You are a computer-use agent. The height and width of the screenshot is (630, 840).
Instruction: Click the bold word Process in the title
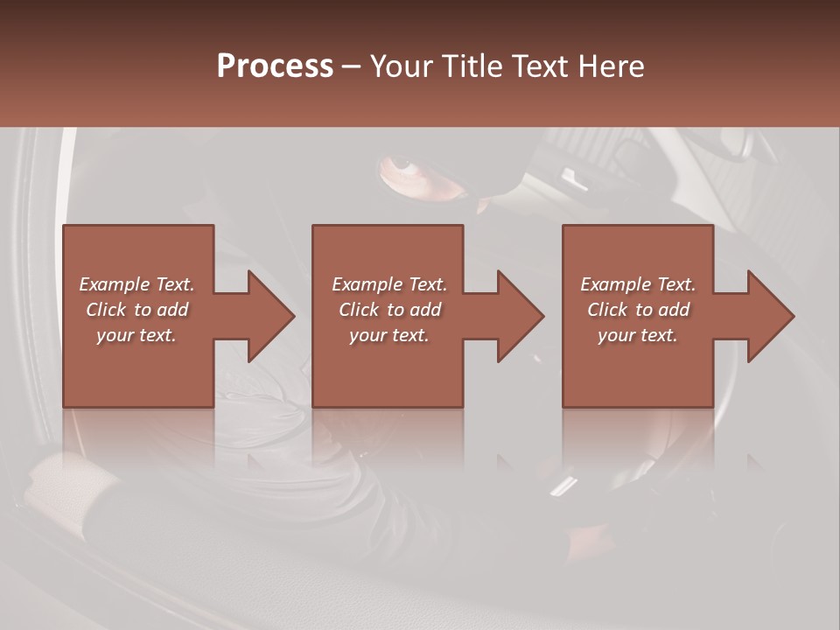pos(275,66)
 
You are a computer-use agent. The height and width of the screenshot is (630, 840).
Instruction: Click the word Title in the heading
pos(471,66)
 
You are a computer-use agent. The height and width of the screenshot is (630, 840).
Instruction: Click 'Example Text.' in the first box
pos(136,284)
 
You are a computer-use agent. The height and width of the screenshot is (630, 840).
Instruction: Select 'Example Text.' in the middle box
pos(389,284)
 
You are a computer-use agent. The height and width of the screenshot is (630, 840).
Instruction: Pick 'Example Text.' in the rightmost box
pos(638,284)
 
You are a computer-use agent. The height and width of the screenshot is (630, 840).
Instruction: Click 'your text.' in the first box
pos(136,335)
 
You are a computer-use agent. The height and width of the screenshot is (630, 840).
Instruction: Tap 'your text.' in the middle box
pos(389,335)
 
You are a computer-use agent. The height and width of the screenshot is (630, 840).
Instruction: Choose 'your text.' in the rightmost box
pos(638,335)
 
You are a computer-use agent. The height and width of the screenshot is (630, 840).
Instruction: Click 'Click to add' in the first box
pos(136,310)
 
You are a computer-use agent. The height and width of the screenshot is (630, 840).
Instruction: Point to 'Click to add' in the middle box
pos(389,310)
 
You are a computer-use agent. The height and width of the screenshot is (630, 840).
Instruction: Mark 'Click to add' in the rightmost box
pos(638,310)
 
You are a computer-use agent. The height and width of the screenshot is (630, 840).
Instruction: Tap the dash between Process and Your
pos(352,67)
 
